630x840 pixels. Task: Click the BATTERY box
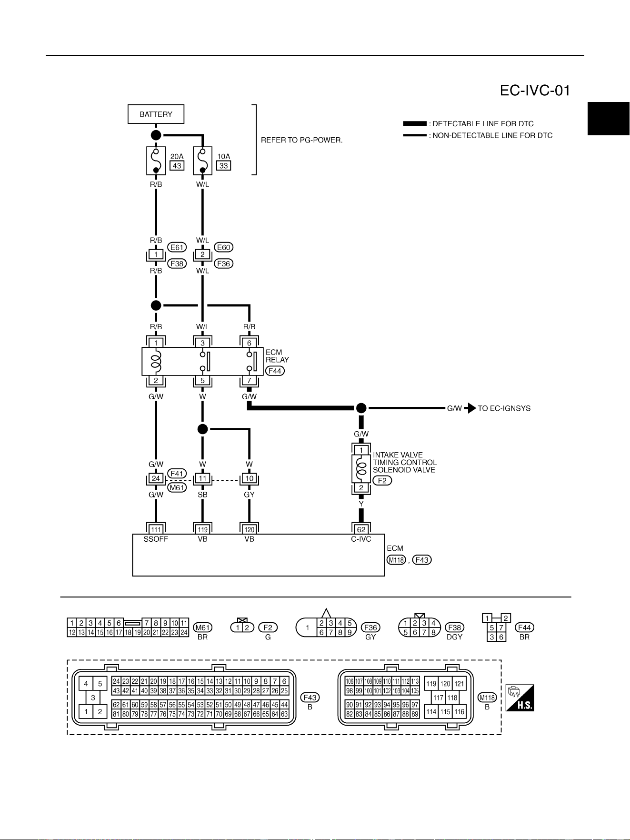[156, 114]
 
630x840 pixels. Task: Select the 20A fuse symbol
[156, 161]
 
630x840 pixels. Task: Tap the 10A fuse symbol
[202, 161]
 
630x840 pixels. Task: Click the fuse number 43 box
[177, 165]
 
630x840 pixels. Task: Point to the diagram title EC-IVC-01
[535, 91]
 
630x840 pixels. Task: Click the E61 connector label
[177, 247]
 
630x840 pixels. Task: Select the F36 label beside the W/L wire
[223, 263]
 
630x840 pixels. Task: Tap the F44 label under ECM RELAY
[275, 371]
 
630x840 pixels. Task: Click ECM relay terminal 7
[249, 381]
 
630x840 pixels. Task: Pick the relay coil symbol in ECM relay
[156, 361]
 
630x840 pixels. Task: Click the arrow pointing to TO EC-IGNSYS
[470, 408]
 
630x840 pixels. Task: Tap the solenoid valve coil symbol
[362, 468]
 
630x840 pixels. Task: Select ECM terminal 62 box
[361, 529]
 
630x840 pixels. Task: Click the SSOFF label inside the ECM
[156, 539]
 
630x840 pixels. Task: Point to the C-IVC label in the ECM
[361, 539]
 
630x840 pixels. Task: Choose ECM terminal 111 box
[156, 529]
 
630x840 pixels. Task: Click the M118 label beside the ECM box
[396, 560]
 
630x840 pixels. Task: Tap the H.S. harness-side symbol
[520, 698]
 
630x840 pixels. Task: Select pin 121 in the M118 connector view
[459, 684]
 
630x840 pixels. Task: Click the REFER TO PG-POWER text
[302, 140]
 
